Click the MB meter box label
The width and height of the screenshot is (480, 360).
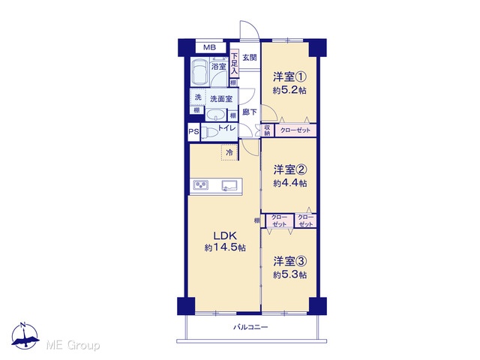pyautogui.click(x=210, y=47)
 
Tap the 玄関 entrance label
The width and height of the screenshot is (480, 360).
pyautogui.click(x=250, y=57)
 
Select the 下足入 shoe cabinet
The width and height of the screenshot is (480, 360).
pyautogui.click(x=234, y=64)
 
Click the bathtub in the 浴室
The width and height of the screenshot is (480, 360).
pyautogui.click(x=200, y=72)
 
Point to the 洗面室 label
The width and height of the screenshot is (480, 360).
pyautogui.click(x=221, y=99)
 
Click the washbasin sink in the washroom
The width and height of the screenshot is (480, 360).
pyautogui.click(x=216, y=115)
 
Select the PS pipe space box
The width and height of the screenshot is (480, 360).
pyautogui.click(x=193, y=132)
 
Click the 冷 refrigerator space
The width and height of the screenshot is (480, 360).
pyautogui.click(x=229, y=152)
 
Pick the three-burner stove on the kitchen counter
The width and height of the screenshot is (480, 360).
pyautogui.click(x=201, y=185)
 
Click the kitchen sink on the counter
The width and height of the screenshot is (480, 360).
pyautogui.click(x=229, y=185)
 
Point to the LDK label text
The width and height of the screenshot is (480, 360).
pyautogui.click(x=225, y=235)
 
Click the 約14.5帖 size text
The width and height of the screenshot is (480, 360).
pyautogui.click(x=225, y=247)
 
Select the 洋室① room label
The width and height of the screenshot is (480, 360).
pyautogui.click(x=289, y=76)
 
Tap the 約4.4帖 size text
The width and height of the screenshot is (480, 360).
pyautogui.click(x=290, y=183)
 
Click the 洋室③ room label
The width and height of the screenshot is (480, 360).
pyautogui.click(x=290, y=262)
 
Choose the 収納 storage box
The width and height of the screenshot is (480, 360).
pyautogui.click(x=267, y=130)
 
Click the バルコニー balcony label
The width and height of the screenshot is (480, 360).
pyautogui.click(x=250, y=327)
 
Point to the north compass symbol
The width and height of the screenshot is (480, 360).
pyautogui.click(x=25, y=335)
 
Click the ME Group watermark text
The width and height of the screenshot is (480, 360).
pyautogui.click(x=73, y=346)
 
